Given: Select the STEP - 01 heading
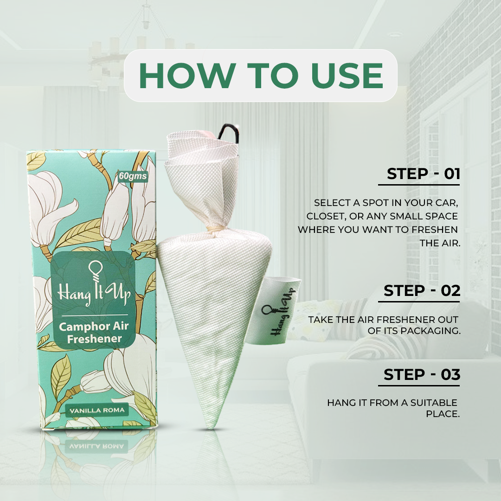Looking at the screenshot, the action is tap(424, 174).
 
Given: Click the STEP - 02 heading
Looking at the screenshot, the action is tap(422, 291).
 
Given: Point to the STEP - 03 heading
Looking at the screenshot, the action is tap(422, 374).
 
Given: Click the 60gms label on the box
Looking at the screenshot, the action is tap(133, 176).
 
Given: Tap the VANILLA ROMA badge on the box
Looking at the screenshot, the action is tap(97, 410).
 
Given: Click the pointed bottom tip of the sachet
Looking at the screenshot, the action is tap(210, 427).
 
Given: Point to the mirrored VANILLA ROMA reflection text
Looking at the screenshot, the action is tap(96, 446).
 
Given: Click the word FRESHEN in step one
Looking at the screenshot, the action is tap(435, 230).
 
